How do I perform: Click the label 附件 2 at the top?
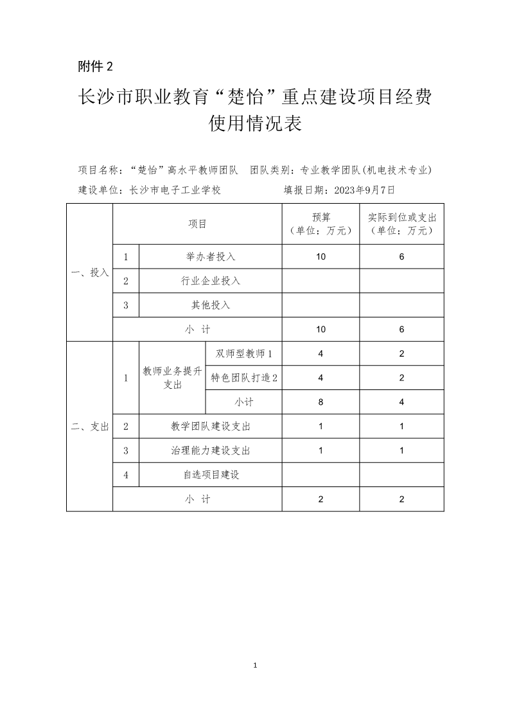pyautogui.click(x=95, y=66)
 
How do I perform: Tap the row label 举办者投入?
pyautogui.click(x=211, y=256)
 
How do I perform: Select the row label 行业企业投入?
pyautogui.click(x=211, y=281)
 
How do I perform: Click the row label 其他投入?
pyautogui.click(x=211, y=305)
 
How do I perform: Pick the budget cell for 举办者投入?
pyautogui.click(x=321, y=256)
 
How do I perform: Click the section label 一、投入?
pyautogui.click(x=90, y=272)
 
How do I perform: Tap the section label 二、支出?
pyautogui.click(x=90, y=426)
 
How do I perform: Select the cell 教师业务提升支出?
pyautogui.click(x=172, y=378)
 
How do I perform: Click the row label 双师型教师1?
pyautogui.click(x=244, y=353)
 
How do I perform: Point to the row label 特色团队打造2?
pyautogui.click(x=244, y=378)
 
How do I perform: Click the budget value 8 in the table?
pyautogui.click(x=321, y=402)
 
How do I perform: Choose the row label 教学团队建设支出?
pyautogui.click(x=211, y=426)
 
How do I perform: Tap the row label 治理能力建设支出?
pyautogui.click(x=211, y=450)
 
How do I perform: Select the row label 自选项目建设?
pyautogui.click(x=211, y=475)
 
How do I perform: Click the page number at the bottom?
pyautogui.click(x=256, y=664)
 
